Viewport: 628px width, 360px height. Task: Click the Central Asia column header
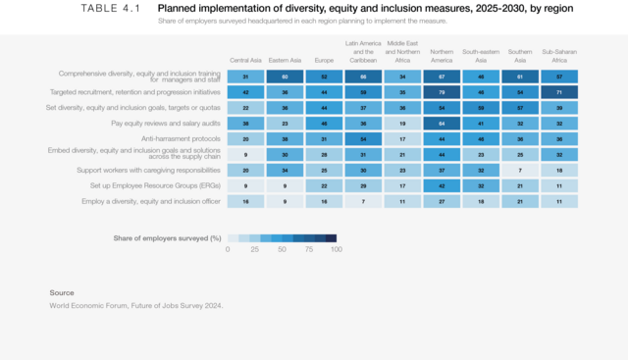(x=245, y=60)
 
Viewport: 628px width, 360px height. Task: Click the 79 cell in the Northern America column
(x=442, y=91)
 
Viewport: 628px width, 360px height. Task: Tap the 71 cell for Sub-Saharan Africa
(x=558, y=91)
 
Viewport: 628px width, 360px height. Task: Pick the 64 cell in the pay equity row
(x=442, y=123)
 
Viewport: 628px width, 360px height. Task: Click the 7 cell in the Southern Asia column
(x=519, y=170)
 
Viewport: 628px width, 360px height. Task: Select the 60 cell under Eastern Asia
(x=285, y=76)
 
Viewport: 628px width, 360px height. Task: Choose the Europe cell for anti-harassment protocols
(x=324, y=138)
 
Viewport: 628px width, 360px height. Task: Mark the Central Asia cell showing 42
(x=245, y=91)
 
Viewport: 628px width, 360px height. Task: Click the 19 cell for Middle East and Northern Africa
(x=402, y=123)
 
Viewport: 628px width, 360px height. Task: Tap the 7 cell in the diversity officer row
(x=363, y=201)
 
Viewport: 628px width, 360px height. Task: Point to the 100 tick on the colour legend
(x=337, y=250)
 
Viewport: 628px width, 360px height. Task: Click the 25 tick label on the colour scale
(x=255, y=250)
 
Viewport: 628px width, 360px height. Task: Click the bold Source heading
(x=62, y=292)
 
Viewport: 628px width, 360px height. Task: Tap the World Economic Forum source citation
(x=136, y=305)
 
